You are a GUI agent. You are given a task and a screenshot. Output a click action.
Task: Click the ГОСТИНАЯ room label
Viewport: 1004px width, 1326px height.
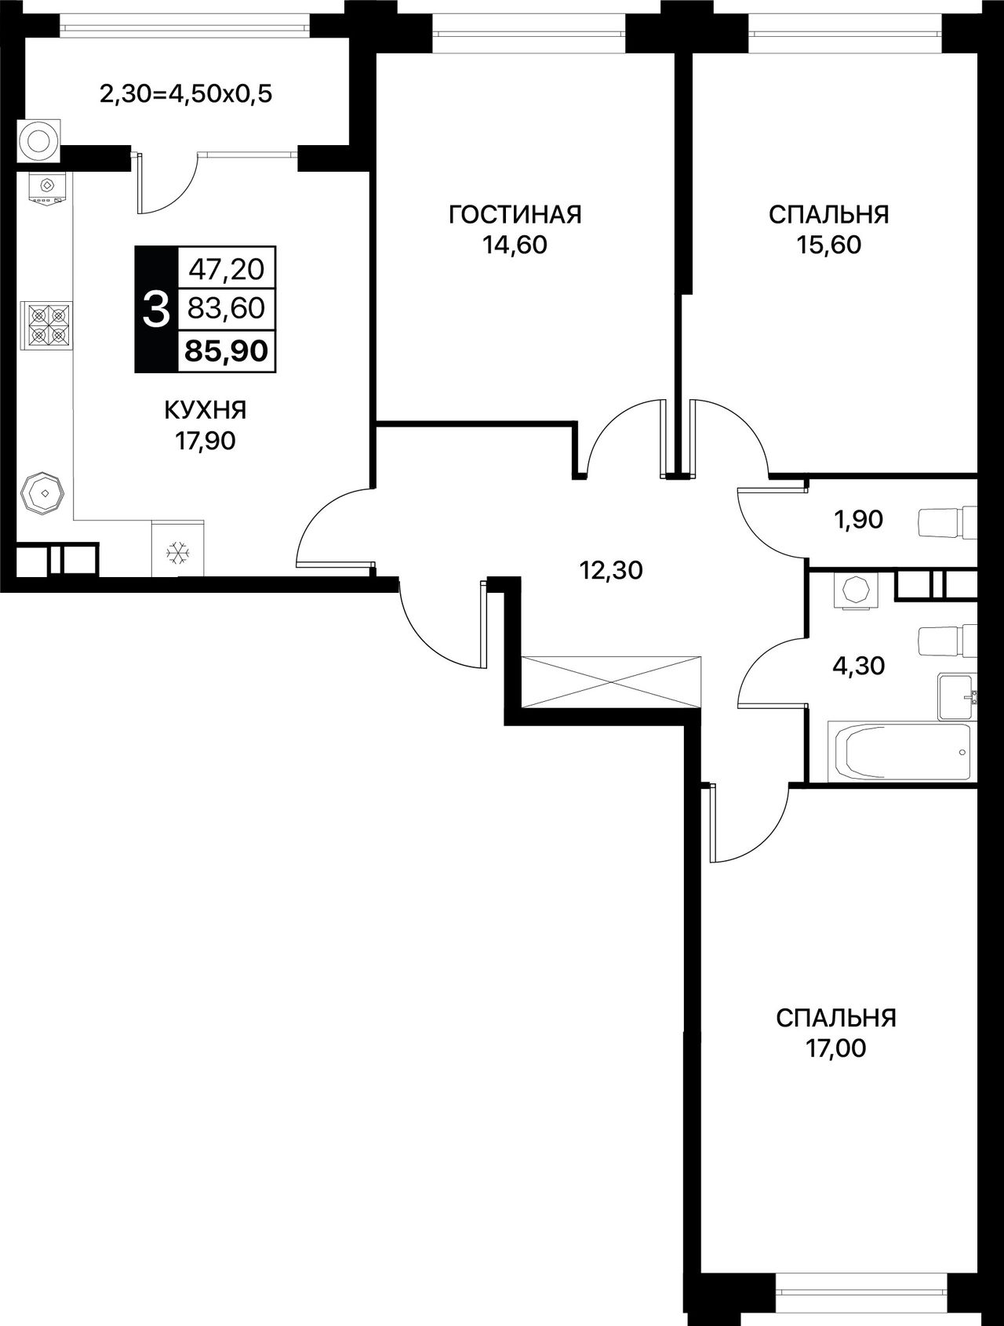coord(515,214)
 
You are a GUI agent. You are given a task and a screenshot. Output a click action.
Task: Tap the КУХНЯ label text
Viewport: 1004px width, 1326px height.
coord(205,409)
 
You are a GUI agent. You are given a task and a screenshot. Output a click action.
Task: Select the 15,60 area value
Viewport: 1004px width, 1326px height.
coord(828,245)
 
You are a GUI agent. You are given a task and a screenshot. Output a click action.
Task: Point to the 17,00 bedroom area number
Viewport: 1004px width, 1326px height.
coord(835,1048)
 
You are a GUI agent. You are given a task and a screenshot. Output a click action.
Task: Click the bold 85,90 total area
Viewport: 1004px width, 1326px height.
coord(226,351)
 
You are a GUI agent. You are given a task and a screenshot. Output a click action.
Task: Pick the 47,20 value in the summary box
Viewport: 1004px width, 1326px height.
coord(227,270)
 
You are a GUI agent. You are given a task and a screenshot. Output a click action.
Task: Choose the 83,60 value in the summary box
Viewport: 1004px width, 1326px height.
coord(227,308)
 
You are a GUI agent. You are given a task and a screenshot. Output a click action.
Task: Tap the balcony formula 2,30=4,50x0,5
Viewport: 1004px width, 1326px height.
coord(185,96)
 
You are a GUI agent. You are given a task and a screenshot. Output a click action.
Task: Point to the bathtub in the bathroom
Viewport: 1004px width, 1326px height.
coord(899,752)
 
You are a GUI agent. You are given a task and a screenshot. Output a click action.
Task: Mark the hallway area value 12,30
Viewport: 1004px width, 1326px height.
coord(611,571)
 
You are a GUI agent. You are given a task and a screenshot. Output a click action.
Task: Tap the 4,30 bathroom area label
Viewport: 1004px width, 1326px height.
coord(858,666)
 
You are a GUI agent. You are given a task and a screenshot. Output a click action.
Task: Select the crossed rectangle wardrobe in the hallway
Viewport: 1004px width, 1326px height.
coord(611,681)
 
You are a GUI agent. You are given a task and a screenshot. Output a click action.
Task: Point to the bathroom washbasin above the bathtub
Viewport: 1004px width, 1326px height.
coord(957,696)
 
